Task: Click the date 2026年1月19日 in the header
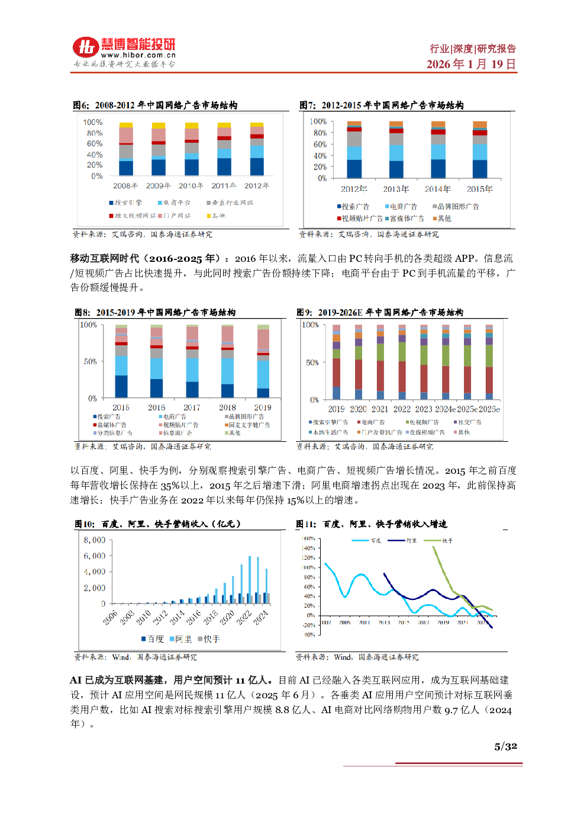(x=471, y=64)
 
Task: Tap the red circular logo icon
(x=86, y=47)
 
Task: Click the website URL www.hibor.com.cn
(x=138, y=55)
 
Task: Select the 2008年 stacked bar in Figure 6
(x=126, y=149)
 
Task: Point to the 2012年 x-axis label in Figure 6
(x=257, y=186)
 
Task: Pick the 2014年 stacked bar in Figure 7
(x=438, y=149)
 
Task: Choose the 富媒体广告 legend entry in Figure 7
(x=407, y=219)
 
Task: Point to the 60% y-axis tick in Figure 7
(x=320, y=144)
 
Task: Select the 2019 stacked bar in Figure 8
(x=263, y=361)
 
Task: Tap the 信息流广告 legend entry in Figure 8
(x=177, y=433)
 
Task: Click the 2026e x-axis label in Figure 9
(x=489, y=409)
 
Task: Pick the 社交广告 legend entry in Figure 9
(x=469, y=422)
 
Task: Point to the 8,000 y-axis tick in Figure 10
(x=95, y=540)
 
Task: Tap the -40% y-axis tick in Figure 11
(x=309, y=635)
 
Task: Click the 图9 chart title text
(x=380, y=312)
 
